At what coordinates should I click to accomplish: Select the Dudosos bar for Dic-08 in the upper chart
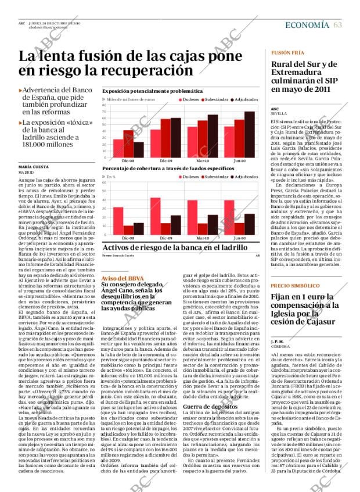click(118, 148)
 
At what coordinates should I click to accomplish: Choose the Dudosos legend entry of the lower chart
click(191, 176)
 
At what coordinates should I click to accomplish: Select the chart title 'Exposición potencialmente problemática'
click(152, 91)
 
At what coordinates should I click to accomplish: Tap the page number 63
click(337, 24)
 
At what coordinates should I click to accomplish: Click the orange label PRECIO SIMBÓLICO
click(295, 286)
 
